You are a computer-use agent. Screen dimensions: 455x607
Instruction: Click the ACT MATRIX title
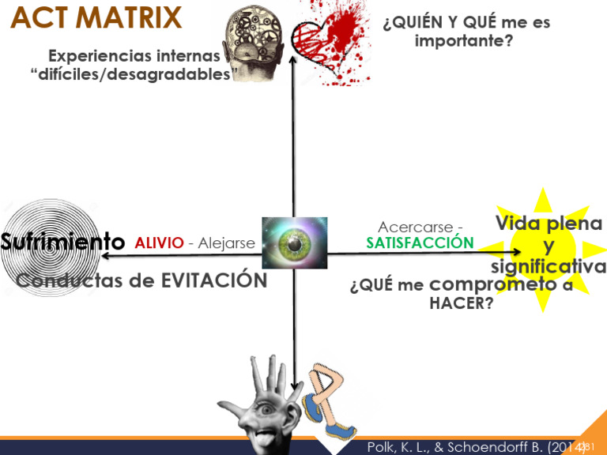(x=96, y=17)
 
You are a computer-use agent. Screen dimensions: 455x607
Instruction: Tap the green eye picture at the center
(x=294, y=243)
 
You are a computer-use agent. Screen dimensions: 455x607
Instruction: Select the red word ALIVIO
(x=159, y=243)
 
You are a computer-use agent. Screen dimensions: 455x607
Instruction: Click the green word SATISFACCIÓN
(x=420, y=243)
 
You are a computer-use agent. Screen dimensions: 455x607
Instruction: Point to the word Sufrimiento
(x=62, y=242)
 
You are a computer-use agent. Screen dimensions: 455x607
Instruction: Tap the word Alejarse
(x=227, y=243)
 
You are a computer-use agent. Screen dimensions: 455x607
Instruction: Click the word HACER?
(x=461, y=303)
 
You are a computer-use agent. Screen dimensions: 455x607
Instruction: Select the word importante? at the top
(x=464, y=39)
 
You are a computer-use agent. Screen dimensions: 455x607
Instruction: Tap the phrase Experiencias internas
(x=134, y=56)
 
